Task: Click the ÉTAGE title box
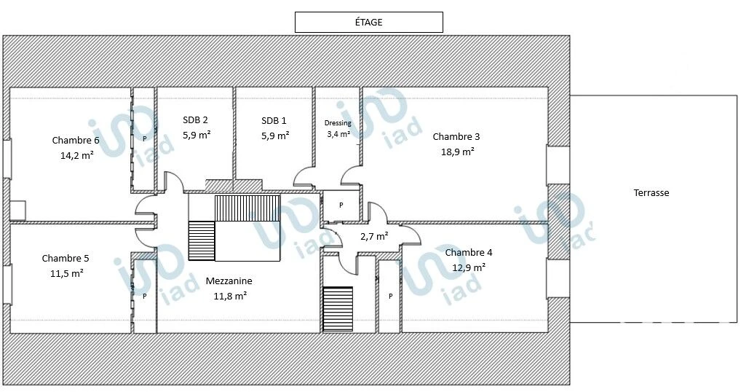tap(368, 23)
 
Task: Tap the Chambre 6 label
tap(76, 141)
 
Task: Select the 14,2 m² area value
tap(76, 155)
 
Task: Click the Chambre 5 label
tap(66, 258)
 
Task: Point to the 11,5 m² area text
tap(67, 273)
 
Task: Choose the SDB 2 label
tap(195, 120)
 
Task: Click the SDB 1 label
tap(274, 121)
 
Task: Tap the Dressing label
tap(338, 123)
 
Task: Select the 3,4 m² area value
tap(338, 134)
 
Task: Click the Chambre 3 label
tap(456, 137)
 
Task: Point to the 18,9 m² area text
tap(457, 152)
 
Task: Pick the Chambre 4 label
tap(468, 253)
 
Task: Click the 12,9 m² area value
tap(469, 267)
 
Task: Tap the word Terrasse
tap(651, 193)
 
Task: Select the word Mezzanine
tap(229, 281)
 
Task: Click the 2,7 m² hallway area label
tap(374, 236)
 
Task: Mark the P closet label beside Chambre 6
tap(145, 139)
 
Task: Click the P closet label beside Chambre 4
tap(390, 297)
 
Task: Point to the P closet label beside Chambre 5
tap(145, 297)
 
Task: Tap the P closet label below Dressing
tap(341, 205)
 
